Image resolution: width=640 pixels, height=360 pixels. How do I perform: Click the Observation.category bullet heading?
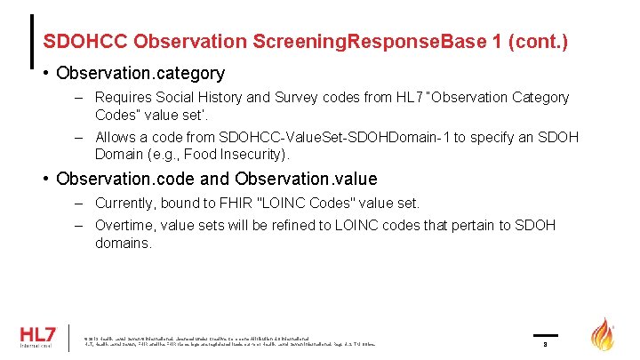[x=140, y=73]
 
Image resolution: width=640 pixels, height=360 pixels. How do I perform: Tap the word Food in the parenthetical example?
[x=201, y=155]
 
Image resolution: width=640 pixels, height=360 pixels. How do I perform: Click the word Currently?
[x=125, y=203]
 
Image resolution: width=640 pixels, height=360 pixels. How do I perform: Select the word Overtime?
[x=124, y=225]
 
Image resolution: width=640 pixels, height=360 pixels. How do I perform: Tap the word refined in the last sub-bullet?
[x=291, y=225]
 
